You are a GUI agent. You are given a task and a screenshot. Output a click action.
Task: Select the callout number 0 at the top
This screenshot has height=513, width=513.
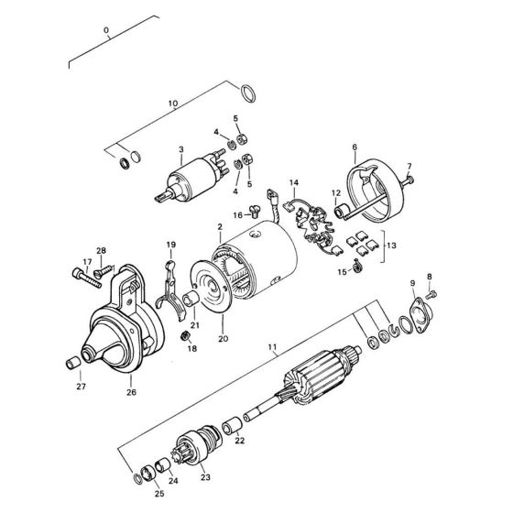[107, 30]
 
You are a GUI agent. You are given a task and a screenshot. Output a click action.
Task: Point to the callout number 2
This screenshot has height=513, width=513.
[220, 225]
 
